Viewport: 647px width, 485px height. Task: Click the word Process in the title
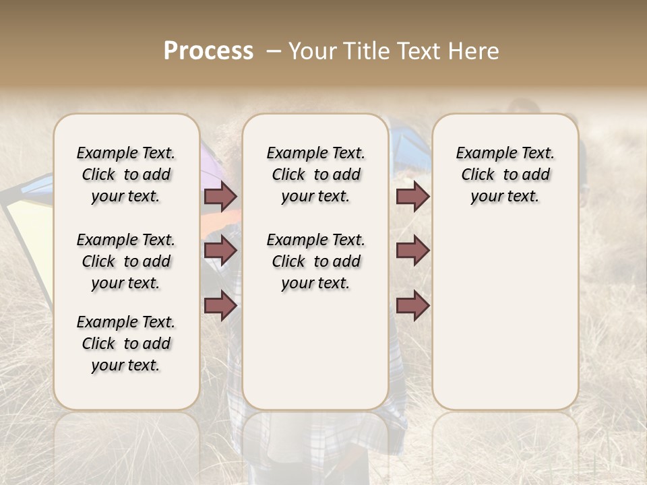pyautogui.click(x=208, y=51)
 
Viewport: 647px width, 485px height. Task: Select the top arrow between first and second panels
pyautogui.click(x=220, y=196)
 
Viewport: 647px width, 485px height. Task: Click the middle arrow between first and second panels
pyautogui.click(x=220, y=251)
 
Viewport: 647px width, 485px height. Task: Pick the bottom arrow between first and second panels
pyautogui.click(x=220, y=306)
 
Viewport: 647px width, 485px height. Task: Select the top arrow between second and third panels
pyautogui.click(x=412, y=196)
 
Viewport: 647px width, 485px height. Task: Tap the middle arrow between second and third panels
pyautogui.click(x=412, y=251)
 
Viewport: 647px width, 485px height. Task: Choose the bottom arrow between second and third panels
pyautogui.click(x=412, y=306)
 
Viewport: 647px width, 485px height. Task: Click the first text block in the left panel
pyautogui.click(x=126, y=174)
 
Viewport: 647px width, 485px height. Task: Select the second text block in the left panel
pyautogui.click(x=126, y=261)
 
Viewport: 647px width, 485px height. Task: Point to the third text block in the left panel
pyautogui.click(x=126, y=344)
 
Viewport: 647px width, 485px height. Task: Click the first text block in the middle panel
pyautogui.click(x=315, y=174)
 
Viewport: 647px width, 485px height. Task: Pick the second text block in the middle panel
pyautogui.click(x=315, y=261)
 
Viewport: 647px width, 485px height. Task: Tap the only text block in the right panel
pyautogui.click(x=505, y=174)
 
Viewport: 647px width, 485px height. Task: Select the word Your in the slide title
pyautogui.click(x=312, y=51)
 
